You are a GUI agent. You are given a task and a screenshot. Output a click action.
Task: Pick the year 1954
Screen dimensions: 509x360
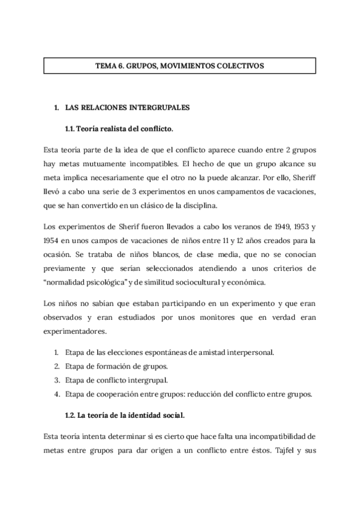coord(53,240)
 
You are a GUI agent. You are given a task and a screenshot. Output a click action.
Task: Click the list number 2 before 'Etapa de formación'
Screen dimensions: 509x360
coord(56,366)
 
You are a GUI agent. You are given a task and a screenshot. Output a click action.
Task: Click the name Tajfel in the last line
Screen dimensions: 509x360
coord(283,450)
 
